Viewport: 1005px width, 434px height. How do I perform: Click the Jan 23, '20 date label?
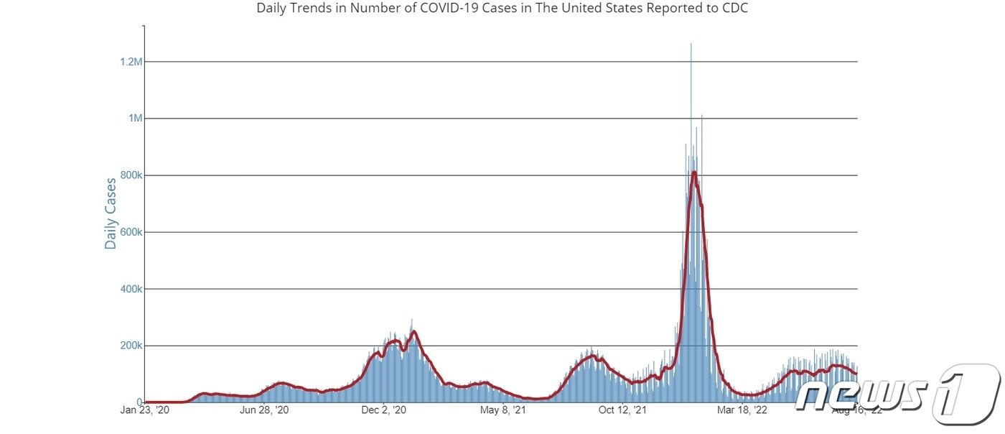[145, 411]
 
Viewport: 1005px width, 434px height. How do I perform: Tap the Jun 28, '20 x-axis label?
[265, 411]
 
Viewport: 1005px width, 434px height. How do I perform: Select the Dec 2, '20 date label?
[384, 411]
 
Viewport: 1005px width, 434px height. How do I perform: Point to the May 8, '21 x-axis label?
[503, 411]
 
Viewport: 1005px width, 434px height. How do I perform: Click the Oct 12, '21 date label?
[623, 411]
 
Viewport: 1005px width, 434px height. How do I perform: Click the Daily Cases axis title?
[111, 213]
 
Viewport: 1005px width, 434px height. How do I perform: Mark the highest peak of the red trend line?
[694, 172]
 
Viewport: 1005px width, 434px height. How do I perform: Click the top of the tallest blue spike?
[691, 44]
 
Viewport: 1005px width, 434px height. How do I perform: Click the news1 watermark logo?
[897, 393]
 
